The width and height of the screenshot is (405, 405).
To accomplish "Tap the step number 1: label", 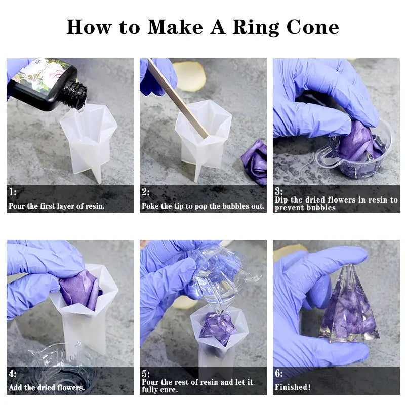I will pos(13,192).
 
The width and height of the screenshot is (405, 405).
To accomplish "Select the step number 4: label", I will pos(13,374).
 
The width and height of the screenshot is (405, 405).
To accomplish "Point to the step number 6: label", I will pos(279,374).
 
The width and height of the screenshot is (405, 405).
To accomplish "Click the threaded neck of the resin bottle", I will pos(77,96).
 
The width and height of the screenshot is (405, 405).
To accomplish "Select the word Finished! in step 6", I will pos(293,387).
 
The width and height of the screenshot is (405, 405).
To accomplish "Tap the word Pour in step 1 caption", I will pos(17,206).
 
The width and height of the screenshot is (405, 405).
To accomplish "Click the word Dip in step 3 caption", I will pos(282,200).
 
